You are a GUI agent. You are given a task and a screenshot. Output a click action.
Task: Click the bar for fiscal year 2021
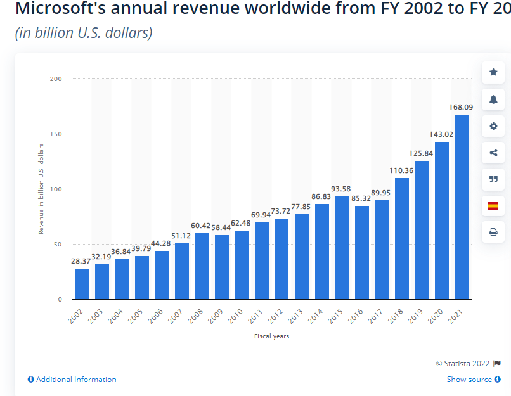click(x=462, y=207)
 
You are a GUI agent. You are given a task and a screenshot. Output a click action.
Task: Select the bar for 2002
click(x=82, y=284)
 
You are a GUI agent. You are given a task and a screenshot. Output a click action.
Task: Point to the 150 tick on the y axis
click(x=56, y=134)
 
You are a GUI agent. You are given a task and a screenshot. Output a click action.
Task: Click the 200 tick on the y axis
click(x=56, y=79)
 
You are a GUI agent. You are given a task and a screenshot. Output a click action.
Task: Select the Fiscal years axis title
click(x=271, y=336)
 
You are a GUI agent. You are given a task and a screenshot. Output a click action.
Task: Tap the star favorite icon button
click(x=493, y=72)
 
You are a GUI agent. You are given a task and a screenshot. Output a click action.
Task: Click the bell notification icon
click(x=493, y=99)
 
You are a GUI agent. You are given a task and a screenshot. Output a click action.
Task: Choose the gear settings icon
click(x=493, y=125)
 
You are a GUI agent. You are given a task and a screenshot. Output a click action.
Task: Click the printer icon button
click(x=493, y=232)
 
